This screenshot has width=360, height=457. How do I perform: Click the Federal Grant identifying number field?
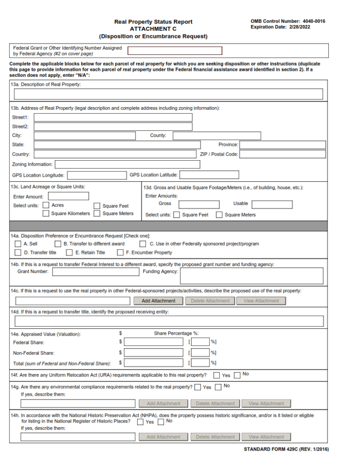click(x=175, y=51)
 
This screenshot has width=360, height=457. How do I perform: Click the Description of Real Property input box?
click(x=168, y=94)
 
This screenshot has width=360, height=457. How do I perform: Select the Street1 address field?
click(x=113, y=117)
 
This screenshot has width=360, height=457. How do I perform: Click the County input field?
click(x=217, y=136)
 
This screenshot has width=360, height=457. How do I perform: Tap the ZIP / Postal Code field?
click(x=283, y=154)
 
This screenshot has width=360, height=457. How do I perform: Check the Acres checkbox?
click(x=46, y=205)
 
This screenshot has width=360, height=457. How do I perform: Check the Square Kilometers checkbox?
click(x=46, y=213)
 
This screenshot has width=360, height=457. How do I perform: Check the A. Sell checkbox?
click(x=18, y=244)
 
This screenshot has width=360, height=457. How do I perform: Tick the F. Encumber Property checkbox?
click(x=121, y=253)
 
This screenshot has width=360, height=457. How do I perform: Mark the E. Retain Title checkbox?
click(x=69, y=253)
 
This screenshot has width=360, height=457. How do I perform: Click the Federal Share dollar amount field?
click(x=154, y=342)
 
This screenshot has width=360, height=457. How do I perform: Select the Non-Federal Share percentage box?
click(x=200, y=353)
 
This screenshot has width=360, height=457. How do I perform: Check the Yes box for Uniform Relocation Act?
click(x=217, y=375)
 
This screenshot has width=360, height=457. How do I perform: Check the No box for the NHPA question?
click(x=161, y=422)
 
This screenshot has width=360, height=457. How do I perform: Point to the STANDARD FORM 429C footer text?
click(x=286, y=449)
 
